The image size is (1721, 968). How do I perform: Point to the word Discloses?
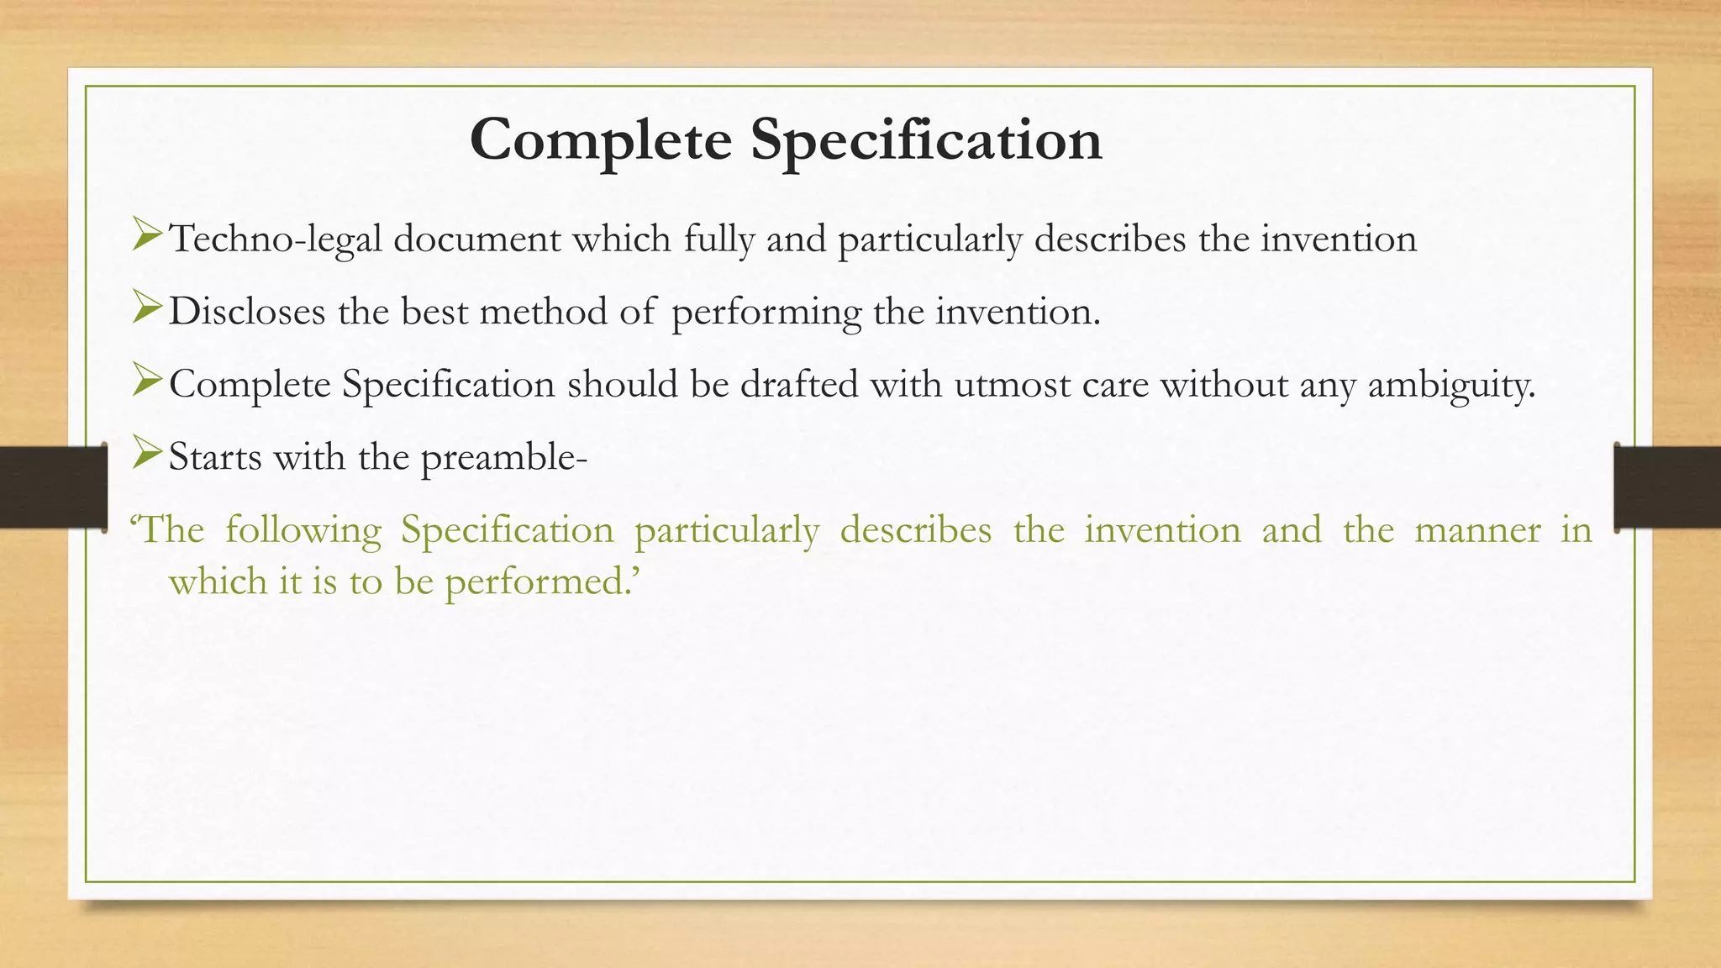tap(247, 313)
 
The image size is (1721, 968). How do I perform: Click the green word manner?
tap(1477, 531)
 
